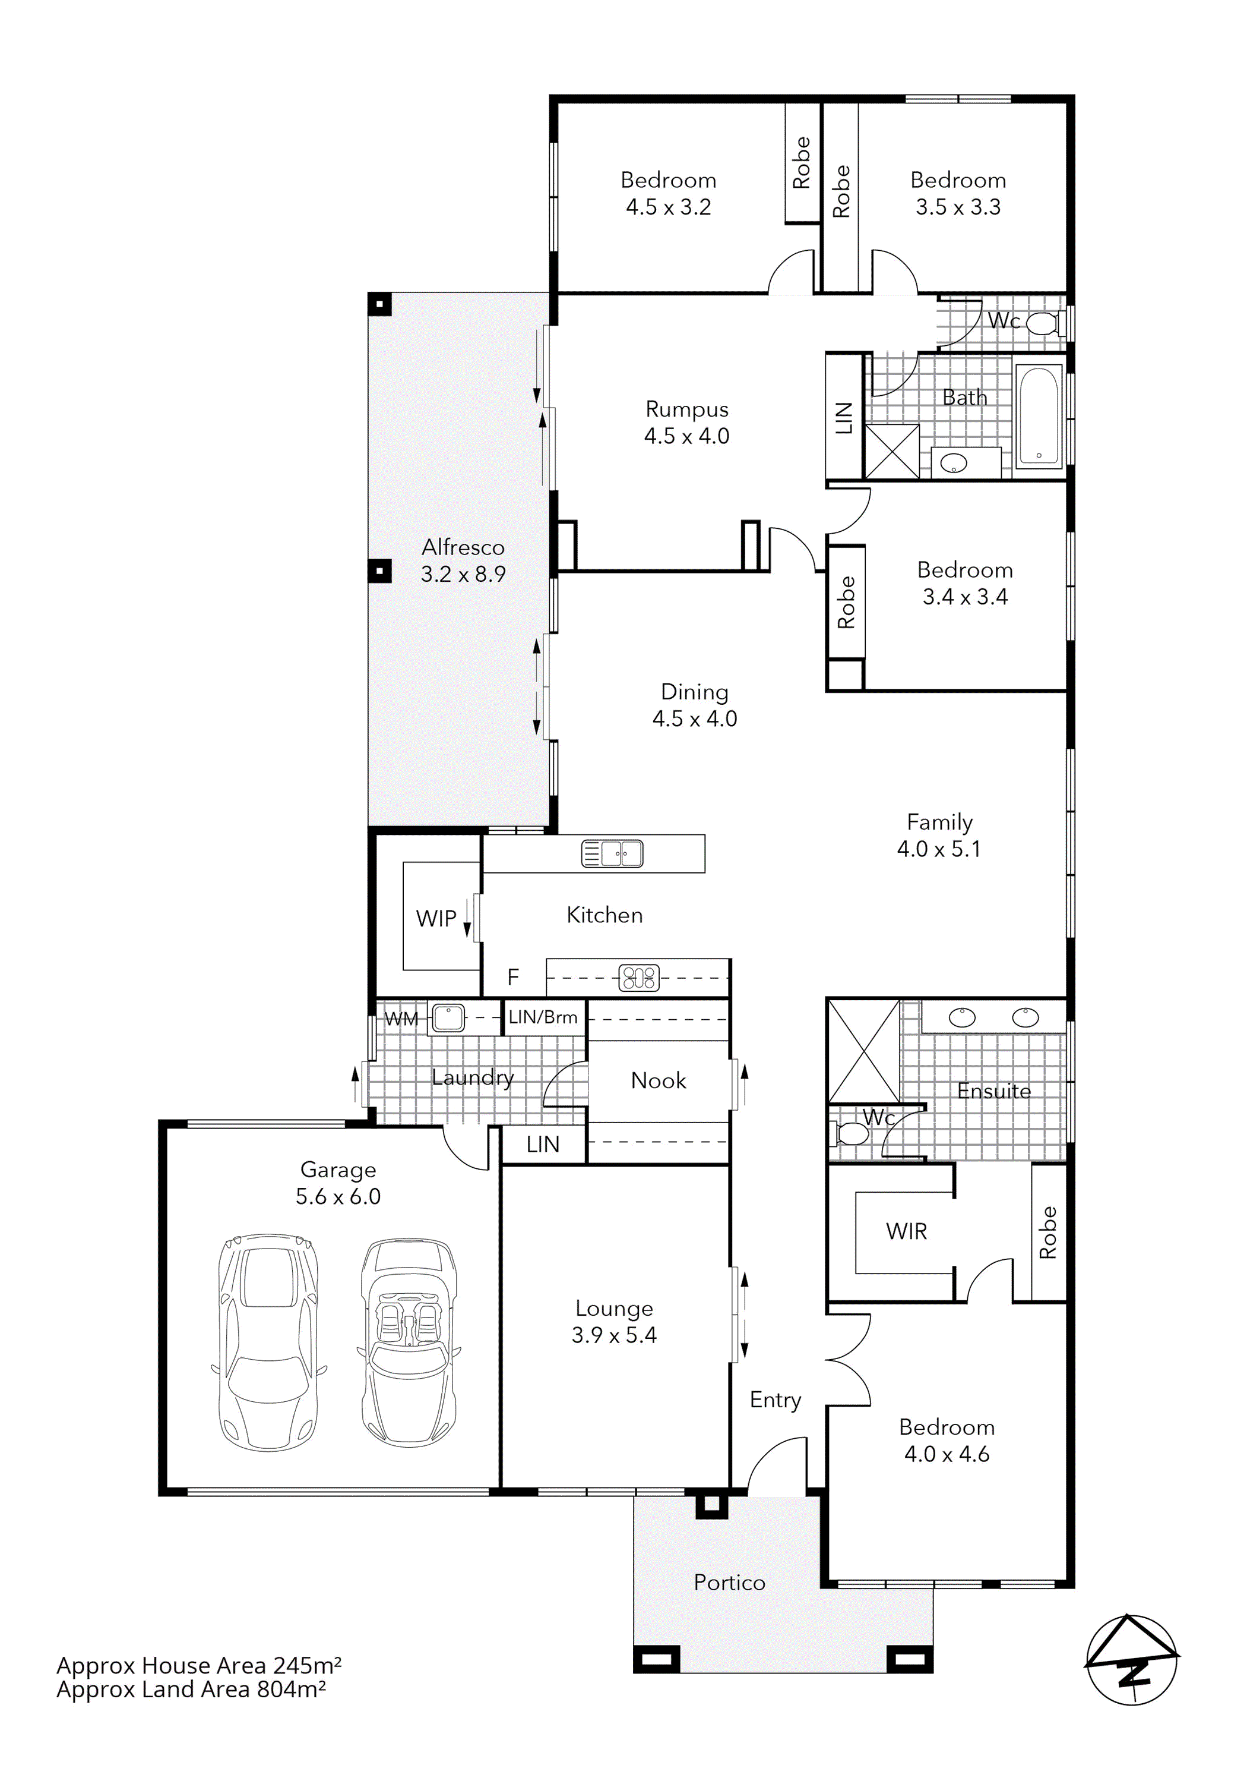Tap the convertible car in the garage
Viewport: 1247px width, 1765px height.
[409, 1341]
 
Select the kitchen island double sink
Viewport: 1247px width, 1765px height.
[612, 853]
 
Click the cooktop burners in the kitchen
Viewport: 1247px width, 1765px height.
[640, 978]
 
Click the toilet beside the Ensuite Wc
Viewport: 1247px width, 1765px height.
[847, 1132]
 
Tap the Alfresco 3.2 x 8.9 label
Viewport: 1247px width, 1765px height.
[463, 560]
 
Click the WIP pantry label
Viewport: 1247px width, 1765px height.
[436, 918]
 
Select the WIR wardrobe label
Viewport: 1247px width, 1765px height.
[906, 1231]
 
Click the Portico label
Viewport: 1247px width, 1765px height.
[729, 1582]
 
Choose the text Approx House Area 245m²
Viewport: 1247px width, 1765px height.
[198, 1665]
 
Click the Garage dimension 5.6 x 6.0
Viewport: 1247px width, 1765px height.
[338, 1196]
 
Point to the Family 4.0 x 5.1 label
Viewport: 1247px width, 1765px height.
[939, 835]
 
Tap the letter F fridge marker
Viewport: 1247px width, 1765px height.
[513, 977]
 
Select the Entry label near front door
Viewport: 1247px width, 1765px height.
[776, 1400]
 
